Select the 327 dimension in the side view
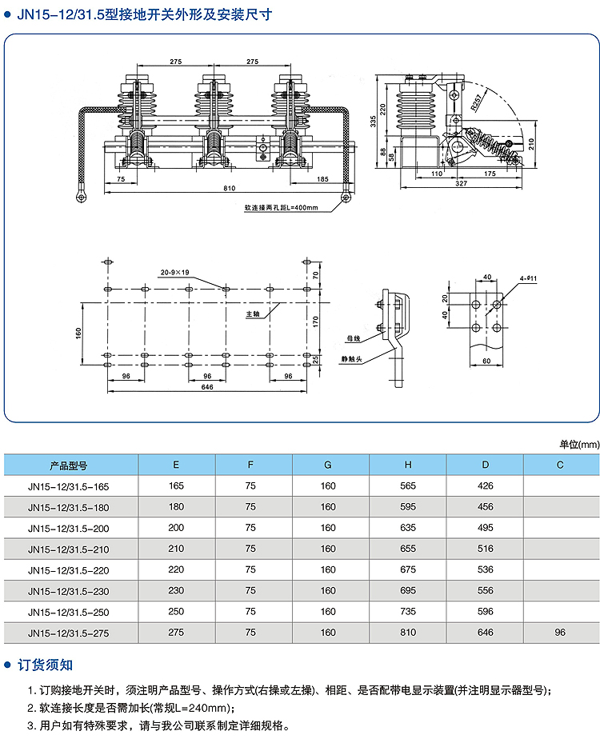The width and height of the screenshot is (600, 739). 461,184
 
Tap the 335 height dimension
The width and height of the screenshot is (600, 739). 373,121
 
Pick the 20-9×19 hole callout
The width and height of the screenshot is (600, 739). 174,271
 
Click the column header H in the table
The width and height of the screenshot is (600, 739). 408,465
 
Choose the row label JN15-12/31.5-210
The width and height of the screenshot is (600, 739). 68,549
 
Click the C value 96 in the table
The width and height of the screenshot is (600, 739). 560,633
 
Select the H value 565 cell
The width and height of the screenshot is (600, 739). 408,485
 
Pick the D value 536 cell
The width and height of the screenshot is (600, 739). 485,570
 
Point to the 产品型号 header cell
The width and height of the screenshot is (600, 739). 68,465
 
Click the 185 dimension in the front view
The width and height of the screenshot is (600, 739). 322,180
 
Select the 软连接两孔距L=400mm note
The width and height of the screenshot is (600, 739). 282,208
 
